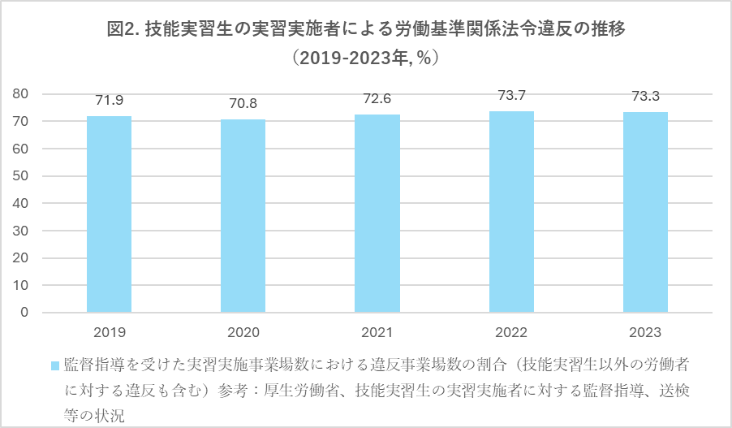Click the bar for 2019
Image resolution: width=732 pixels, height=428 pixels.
[x=109, y=214]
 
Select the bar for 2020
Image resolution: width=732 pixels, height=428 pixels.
[x=243, y=216]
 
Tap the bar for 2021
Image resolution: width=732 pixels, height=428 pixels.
[x=377, y=214]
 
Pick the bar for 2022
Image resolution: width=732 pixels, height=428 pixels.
[x=511, y=212]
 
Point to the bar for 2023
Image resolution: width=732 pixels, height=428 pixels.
[x=645, y=212]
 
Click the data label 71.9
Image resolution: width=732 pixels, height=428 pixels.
[x=109, y=101]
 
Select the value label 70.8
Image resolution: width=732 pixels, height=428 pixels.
[x=243, y=104]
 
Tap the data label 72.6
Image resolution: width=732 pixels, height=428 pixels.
[x=377, y=99]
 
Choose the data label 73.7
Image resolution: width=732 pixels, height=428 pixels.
[x=511, y=96]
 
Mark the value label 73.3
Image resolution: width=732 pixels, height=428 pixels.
[x=645, y=97]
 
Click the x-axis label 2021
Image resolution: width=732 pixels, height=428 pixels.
[x=377, y=333]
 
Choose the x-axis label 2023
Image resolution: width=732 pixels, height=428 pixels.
[x=645, y=333]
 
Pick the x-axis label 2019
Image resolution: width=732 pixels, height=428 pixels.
[x=109, y=333]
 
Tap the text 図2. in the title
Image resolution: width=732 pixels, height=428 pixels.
[x=125, y=30]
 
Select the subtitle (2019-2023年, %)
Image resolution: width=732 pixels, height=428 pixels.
[x=365, y=58]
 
